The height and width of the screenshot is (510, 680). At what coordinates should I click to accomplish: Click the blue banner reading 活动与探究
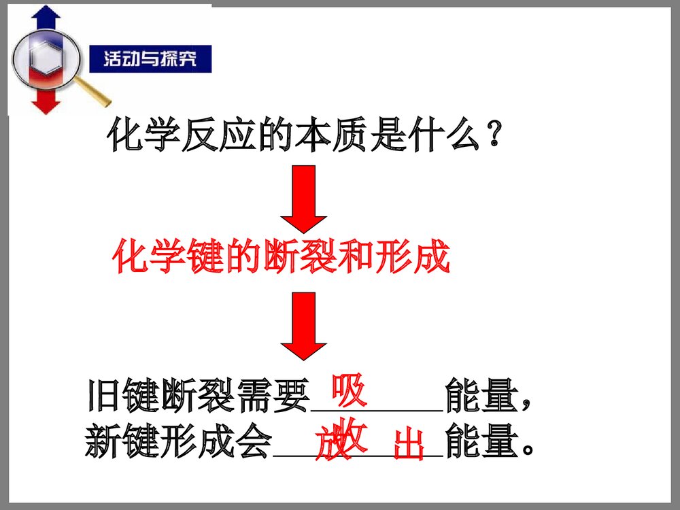150,59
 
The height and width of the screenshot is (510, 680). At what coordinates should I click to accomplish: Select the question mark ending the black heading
496,136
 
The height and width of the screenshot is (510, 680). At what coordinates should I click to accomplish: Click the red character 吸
349,391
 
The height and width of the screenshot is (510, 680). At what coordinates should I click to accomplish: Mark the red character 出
409,445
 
